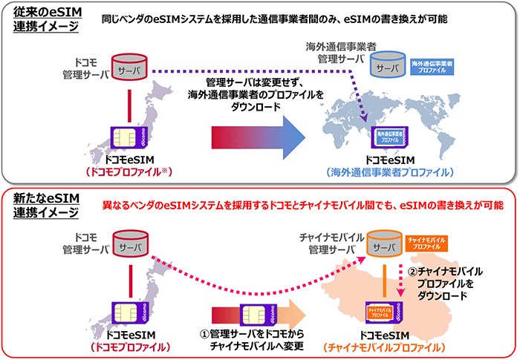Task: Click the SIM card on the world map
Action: (389, 138)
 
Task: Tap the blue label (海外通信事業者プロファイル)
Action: (389, 172)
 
